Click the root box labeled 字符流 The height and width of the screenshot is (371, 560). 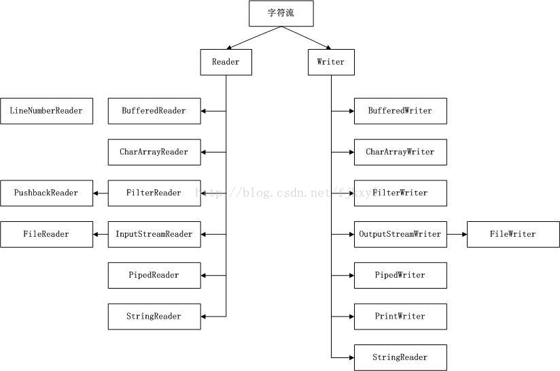pos(281,14)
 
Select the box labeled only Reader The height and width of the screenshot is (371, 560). pos(226,62)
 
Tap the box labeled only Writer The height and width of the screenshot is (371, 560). pos(331,62)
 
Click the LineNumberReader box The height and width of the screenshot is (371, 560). pos(46,111)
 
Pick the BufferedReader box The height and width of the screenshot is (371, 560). pos(154,111)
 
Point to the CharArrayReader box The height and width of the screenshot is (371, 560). pos(154,152)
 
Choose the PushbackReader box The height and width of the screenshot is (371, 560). pos(46,193)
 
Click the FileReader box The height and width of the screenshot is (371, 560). pos(46,234)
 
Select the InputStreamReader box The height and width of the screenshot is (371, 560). pos(154,234)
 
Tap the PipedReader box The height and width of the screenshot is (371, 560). pos(154,275)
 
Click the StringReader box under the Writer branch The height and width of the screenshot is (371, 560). pos(400,357)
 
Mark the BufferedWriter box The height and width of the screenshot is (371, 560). pos(400,111)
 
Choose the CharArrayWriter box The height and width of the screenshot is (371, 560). pos(400,152)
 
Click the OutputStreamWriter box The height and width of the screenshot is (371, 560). pos(400,234)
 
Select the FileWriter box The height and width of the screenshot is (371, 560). pos(513,234)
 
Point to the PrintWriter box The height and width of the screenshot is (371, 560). pos(400,317)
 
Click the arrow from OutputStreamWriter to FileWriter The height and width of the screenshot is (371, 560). pos(457,234)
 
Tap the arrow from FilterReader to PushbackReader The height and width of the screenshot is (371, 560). pos(101,193)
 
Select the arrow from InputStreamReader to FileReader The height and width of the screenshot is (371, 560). pos(101,234)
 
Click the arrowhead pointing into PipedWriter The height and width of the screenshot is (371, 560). pos(350,275)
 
